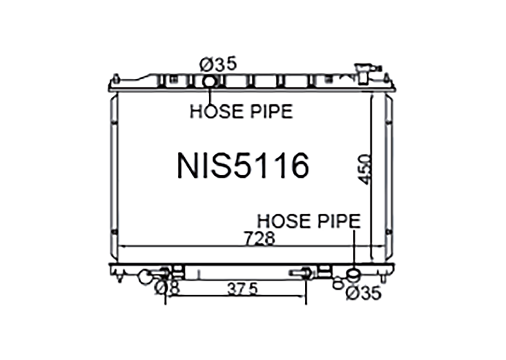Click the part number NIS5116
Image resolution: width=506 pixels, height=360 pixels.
[x=243, y=166]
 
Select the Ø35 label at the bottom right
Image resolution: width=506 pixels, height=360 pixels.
[x=364, y=293]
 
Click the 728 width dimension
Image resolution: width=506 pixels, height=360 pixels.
[x=260, y=238]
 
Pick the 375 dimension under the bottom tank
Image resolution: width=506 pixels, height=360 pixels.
[x=243, y=289]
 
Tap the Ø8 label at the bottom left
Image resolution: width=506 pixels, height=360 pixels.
[x=168, y=288]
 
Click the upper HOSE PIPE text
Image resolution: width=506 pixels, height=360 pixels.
[x=242, y=111]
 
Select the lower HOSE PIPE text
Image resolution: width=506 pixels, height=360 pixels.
[x=309, y=221]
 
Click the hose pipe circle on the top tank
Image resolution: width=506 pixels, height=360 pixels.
[x=209, y=82]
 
